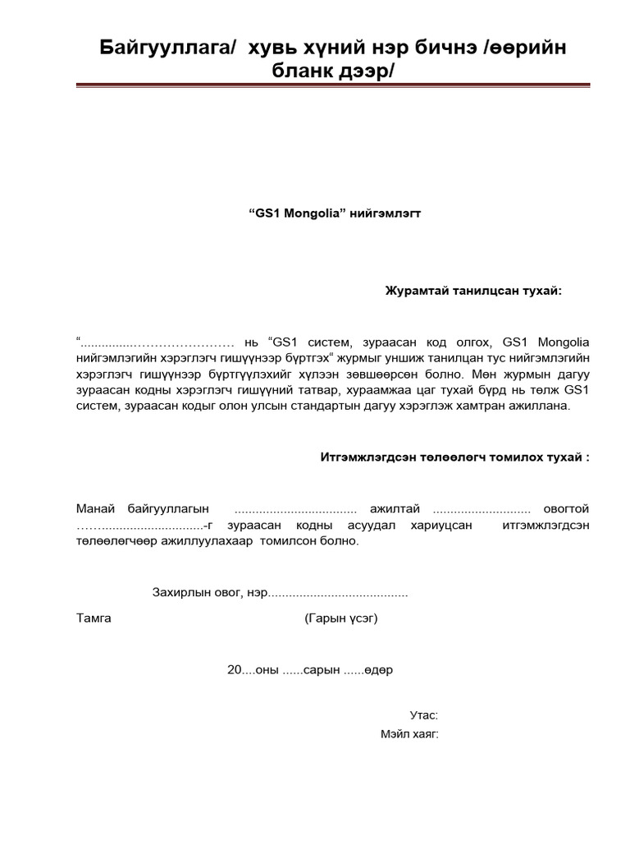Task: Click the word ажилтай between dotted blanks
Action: (394, 509)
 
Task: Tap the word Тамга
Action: (94, 618)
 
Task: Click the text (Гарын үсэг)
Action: (340, 618)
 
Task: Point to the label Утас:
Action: (424, 715)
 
